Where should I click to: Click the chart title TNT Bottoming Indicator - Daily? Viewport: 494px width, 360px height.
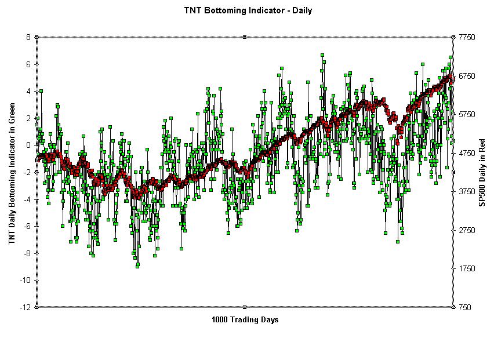coord(248,10)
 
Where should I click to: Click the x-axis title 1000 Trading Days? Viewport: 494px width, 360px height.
coord(245,319)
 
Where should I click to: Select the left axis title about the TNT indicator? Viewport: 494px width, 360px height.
coord(12,173)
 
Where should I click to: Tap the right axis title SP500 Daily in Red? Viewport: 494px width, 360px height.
coord(481,172)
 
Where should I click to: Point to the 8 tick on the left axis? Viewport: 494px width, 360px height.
coord(28,37)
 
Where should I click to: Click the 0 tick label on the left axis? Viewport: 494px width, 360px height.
coord(28,145)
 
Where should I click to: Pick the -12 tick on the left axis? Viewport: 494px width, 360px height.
coord(25,307)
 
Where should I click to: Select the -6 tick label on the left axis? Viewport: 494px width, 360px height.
coord(27,226)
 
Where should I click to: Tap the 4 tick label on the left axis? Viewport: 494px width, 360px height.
coord(28,91)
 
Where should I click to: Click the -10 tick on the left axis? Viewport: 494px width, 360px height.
coord(25,280)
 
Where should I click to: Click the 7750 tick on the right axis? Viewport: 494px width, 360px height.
coord(467,37)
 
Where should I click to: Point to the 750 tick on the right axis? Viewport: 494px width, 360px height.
coord(464,307)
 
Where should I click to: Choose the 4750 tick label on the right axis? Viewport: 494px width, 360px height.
coord(467,153)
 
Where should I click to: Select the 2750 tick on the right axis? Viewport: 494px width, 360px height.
coord(467,230)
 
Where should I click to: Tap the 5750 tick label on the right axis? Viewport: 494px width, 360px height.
coord(467,114)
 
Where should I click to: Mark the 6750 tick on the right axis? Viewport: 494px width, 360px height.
coord(467,76)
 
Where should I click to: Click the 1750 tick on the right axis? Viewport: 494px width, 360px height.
coord(467,268)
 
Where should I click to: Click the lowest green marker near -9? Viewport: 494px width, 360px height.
coord(137,266)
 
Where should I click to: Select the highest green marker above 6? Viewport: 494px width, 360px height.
coord(322,55)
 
